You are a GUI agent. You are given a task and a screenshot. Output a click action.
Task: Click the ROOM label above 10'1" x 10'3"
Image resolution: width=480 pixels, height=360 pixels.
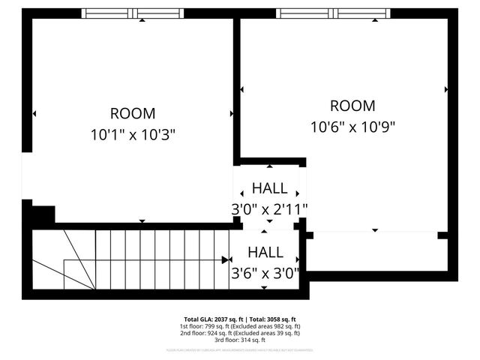[x=133, y=114]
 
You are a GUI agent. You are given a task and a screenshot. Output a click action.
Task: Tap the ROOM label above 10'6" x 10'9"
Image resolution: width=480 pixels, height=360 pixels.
[x=352, y=106]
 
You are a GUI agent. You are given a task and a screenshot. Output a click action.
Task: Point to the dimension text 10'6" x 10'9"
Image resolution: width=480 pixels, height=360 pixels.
[x=352, y=127]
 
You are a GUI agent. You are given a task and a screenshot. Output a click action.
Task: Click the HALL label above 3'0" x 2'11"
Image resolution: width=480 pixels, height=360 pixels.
[x=268, y=187]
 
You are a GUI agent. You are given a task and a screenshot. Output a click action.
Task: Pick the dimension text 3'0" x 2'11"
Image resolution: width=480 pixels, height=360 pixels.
[x=268, y=209]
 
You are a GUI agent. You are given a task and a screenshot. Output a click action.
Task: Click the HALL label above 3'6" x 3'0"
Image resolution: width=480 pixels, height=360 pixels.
[x=265, y=252]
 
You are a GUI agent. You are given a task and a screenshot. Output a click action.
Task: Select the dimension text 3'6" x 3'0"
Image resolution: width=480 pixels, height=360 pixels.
[x=265, y=273]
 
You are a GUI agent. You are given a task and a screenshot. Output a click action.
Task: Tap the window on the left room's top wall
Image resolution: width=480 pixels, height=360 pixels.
[x=132, y=13]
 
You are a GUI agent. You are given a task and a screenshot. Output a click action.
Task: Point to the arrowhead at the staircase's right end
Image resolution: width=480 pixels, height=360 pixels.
[x=226, y=259]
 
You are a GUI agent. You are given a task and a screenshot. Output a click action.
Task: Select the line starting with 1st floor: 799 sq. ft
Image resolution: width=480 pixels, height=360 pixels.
[x=239, y=326]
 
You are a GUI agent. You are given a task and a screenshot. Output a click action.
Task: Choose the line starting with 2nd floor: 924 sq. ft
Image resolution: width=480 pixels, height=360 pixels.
[x=239, y=334]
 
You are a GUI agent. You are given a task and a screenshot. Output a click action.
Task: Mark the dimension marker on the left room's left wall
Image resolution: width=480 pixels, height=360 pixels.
[x=34, y=114]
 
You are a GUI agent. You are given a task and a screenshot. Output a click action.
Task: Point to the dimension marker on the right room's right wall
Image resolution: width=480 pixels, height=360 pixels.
[x=446, y=89]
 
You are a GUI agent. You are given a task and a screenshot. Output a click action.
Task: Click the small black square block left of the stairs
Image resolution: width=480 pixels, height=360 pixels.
[x=43, y=214]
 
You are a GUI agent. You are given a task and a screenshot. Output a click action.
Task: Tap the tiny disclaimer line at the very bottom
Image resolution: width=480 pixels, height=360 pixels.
[x=239, y=350]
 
